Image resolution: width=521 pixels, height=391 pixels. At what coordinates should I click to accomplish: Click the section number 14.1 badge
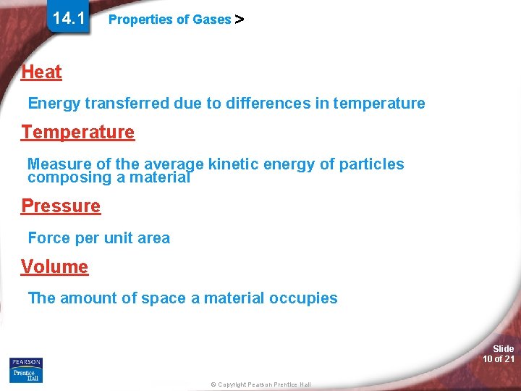pyautogui.click(x=69, y=18)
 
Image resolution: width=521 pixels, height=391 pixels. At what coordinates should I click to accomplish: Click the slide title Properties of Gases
pyautogui.click(x=169, y=20)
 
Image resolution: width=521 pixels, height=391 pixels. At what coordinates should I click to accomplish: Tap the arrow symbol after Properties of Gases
pyautogui.click(x=240, y=20)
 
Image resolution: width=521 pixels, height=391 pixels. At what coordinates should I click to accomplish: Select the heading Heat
pyautogui.click(x=41, y=72)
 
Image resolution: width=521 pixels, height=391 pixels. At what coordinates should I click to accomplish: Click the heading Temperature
pyautogui.click(x=77, y=133)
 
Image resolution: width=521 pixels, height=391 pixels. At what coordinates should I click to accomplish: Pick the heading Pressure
pyautogui.click(x=61, y=206)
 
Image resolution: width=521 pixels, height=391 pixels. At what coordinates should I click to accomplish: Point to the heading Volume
pyautogui.click(x=54, y=267)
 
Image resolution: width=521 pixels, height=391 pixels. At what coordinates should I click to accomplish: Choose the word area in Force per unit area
pyautogui.click(x=153, y=238)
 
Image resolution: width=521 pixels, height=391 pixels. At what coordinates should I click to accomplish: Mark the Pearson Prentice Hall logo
pyautogui.click(x=26, y=369)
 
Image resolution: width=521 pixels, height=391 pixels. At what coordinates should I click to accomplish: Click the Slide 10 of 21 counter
pyautogui.click(x=499, y=354)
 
